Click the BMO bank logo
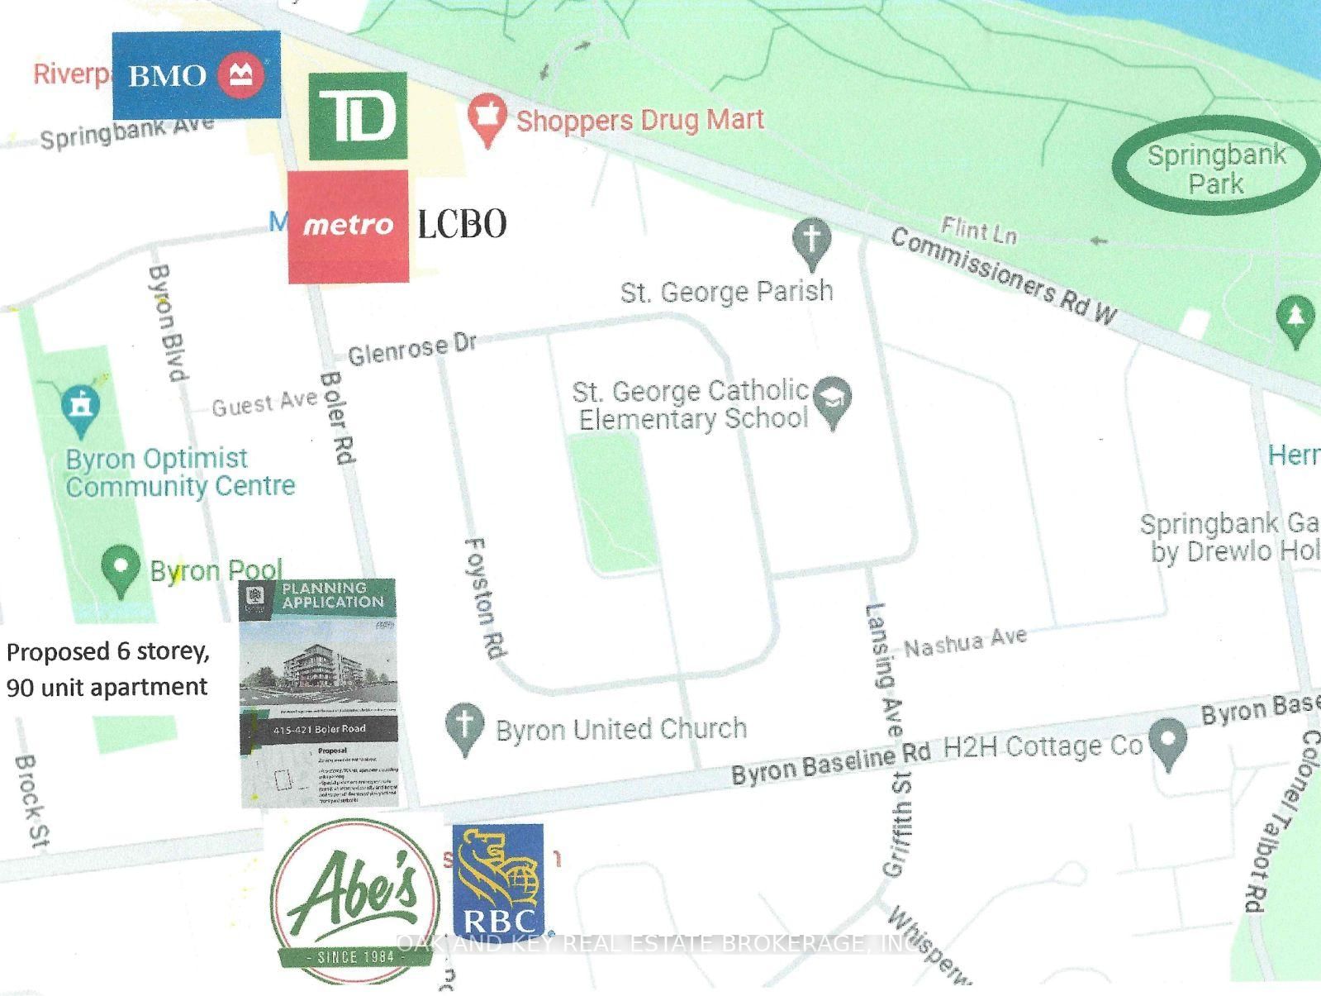pyautogui.click(x=196, y=74)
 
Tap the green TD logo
pyautogui.click(x=358, y=116)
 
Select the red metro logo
pyautogui.click(x=348, y=226)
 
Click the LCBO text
pyautogui.click(x=461, y=224)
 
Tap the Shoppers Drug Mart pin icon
pyautogui.click(x=487, y=119)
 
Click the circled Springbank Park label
pyautogui.click(x=1216, y=167)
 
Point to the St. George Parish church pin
pyautogui.click(x=811, y=241)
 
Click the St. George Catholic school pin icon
pyautogui.click(x=832, y=401)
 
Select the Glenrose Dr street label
pyautogui.click(x=411, y=350)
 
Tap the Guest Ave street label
pyautogui.click(x=264, y=404)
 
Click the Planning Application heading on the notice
pyautogui.click(x=332, y=595)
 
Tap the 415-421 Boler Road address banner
pyautogui.click(x=319, y=730)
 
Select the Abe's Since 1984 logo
pyautogui.click(x=354, y=901)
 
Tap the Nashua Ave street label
pyautogui.click(x=965, y=642)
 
